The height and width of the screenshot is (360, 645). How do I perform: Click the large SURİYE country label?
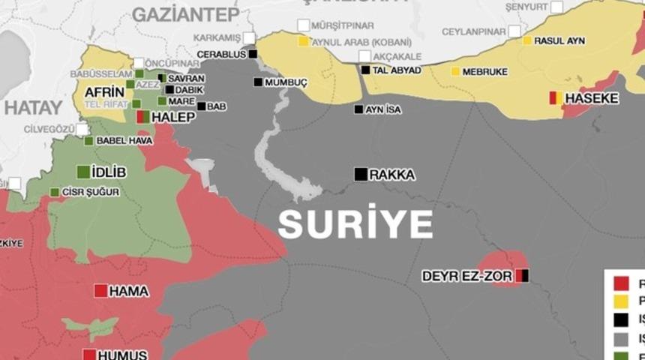click(x=355, y=224)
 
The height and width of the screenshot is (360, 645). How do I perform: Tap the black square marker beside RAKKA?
click(x=361, y=174)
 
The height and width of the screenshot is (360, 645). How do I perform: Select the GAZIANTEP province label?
click(x=186, y=14)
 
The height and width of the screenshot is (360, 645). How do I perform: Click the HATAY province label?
click(x=32, y=107)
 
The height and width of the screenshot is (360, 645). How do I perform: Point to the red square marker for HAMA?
click(x=100, y=291)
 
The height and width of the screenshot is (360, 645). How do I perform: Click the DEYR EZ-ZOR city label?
click(x=466, y=276)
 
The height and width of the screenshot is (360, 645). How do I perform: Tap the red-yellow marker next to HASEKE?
click(x=555, y=97)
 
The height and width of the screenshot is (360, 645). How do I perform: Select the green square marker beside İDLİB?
click(x=83, y=172)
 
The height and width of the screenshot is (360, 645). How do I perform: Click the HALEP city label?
click(x=173, y=117)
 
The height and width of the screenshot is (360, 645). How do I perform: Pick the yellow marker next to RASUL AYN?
click(x=527, y=40)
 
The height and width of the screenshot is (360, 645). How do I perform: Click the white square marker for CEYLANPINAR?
click(x=514, y=31)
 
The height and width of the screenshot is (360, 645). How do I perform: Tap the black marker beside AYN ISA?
click(x=358, y=109)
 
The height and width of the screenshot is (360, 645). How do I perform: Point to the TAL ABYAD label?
click(x=396, y=70)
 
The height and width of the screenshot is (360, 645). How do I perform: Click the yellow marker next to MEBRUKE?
click(x=455, y=71)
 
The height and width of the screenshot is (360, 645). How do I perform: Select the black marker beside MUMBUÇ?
click(x=258, y=82)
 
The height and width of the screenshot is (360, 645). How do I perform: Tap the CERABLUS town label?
click(x=222, y=54)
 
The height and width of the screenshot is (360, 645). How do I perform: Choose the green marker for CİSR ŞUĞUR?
click(x=54, y=192)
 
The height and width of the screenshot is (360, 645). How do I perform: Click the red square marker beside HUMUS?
click(x=89, y=355)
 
